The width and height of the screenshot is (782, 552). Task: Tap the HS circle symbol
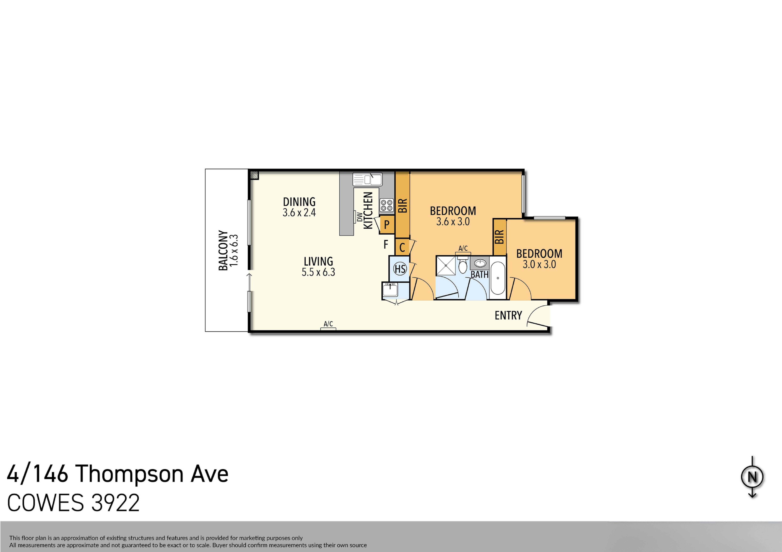coord(400,269)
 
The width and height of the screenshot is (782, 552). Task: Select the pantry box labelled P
coord(387,225)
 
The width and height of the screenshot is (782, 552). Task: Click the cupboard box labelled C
coord(402,247)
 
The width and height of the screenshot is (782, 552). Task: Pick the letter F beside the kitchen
coord(386,244)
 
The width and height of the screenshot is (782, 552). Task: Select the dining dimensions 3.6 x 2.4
coord(299,213)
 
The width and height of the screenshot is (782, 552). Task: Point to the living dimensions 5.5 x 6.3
coord(318,272)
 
